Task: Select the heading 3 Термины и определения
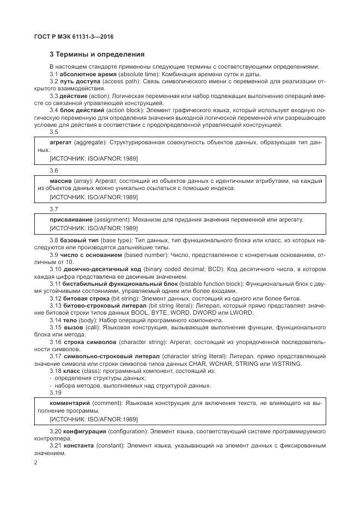(97, 54)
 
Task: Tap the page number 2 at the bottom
(35, 463)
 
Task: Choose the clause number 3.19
(55, 392)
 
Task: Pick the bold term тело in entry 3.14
(70, 320)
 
